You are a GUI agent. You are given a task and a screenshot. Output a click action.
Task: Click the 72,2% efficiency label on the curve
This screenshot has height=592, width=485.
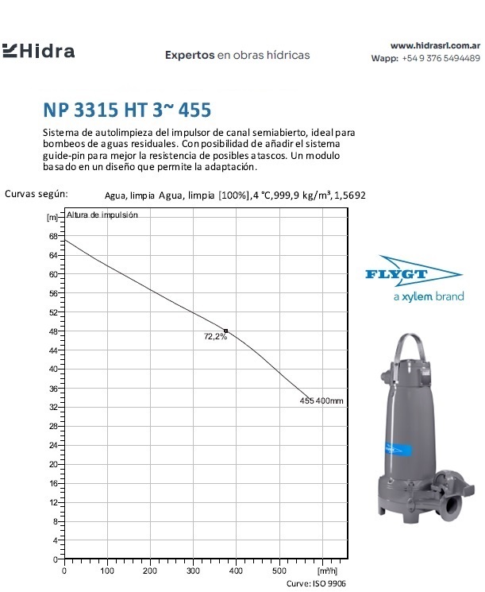click(215, 337)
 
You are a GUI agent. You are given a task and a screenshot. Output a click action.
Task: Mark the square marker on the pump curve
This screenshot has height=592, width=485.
click(226, 331)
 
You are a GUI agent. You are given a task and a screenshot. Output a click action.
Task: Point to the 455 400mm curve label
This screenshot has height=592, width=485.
click(321, 400)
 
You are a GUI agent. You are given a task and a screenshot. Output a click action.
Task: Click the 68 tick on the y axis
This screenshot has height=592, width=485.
click(53, 236)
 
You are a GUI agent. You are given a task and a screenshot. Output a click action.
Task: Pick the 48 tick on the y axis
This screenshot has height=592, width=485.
click(53, 331)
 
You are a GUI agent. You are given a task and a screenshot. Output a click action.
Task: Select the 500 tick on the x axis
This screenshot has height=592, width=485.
click(279, 571)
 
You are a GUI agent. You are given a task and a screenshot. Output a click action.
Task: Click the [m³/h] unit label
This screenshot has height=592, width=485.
click(327, 571)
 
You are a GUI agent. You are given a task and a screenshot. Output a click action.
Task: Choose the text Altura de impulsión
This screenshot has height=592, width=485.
click(102, 215)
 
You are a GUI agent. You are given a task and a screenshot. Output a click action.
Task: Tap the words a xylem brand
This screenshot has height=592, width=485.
click(428, 296)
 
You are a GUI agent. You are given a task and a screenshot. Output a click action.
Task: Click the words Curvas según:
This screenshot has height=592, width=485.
click(37, 193)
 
